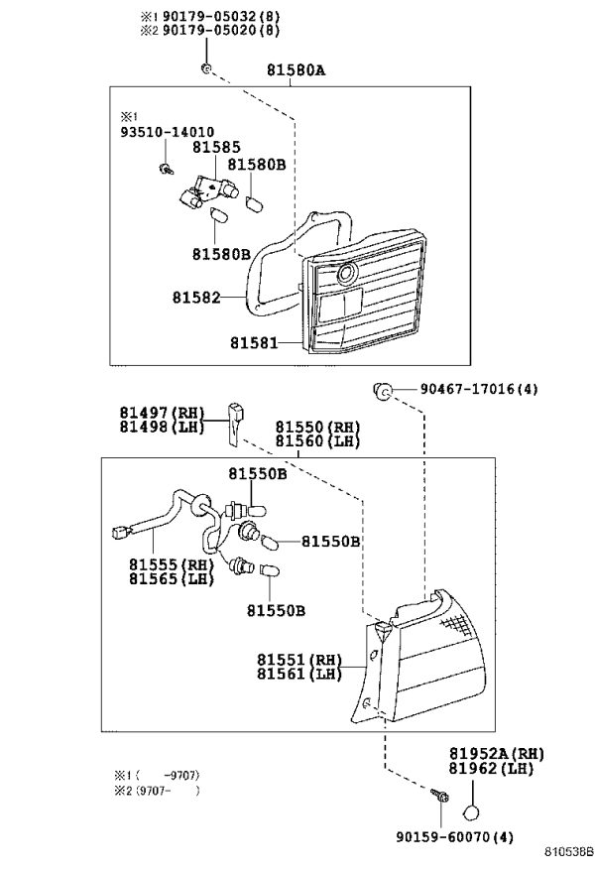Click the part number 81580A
pos(296,70)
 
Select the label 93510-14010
pos(167,132)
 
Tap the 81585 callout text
pos(217,147)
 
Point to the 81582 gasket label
pos(196,298)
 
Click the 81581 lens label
pos(254,343)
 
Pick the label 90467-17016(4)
pos(479,389)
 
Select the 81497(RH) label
pos(162,413)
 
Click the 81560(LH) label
pos(318,441)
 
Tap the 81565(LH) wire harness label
pos(172,578)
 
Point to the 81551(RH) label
pos(299,660)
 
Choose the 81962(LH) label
pos(491,769)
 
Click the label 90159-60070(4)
pos(454,836)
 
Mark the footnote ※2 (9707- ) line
pos(157,790)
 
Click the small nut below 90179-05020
pos(205,68)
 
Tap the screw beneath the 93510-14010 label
pos(165,169)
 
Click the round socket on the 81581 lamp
pos(347,273)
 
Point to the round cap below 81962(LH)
pos(471,812)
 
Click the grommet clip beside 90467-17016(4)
pos(383,390)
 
